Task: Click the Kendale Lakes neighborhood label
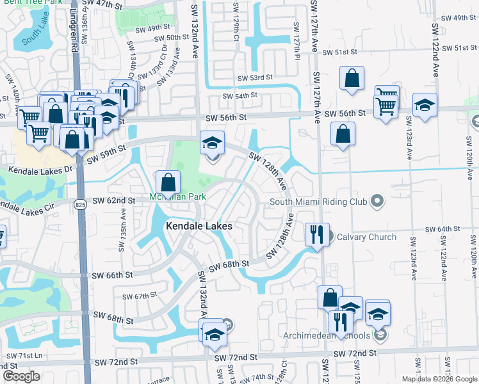(199, 226)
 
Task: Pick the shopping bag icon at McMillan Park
(168, 182)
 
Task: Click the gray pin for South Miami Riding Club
(378, 202)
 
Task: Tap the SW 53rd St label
(250, 77)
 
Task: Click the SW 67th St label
(141, 296)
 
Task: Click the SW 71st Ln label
(24, 355)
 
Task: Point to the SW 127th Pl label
(296, 38)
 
